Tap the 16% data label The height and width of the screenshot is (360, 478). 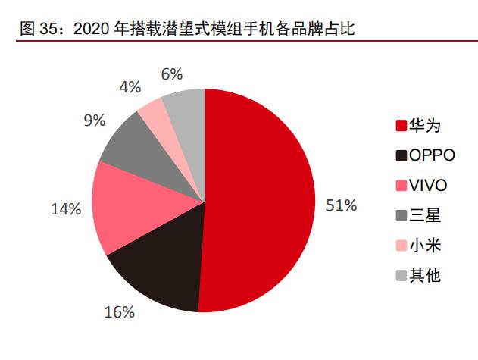click(x=120, y=311)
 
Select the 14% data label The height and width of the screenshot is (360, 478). click(x=65, y=209)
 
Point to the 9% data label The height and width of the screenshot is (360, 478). click(x=94, y=121)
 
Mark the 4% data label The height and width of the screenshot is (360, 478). click(x=130, y=86)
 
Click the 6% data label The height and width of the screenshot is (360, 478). click(x=172, y=74)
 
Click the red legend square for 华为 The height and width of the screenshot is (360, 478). click(x=399, y=126)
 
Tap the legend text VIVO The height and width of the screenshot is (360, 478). click(x=428, y=186)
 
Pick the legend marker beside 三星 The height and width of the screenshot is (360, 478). click(x=399, y=215)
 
